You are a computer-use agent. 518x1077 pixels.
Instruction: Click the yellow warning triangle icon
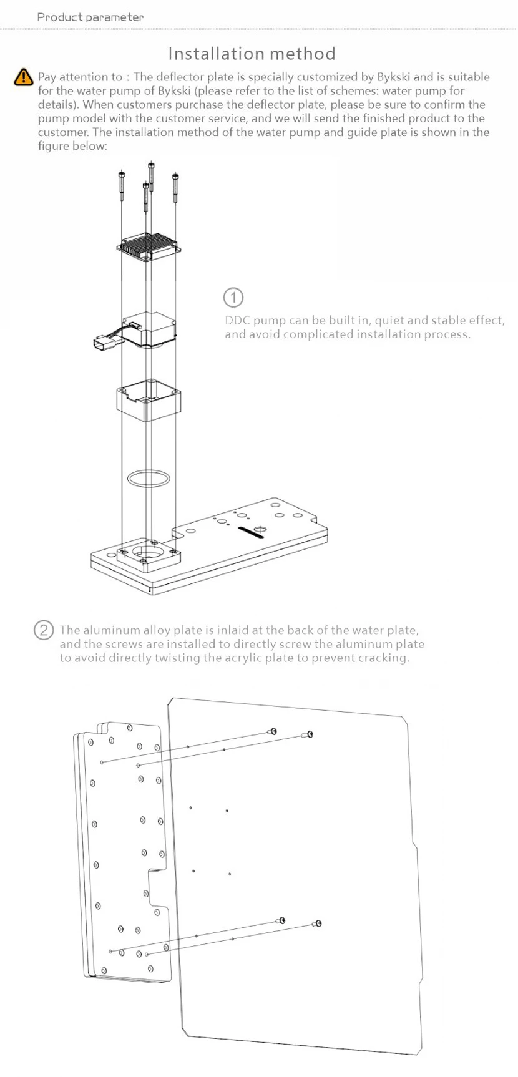pos(23,77)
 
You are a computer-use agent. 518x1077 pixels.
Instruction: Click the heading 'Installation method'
pos(252,54)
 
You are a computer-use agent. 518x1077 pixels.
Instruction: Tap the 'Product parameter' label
pos(90,17)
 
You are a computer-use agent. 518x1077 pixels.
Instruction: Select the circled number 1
pos(233,297)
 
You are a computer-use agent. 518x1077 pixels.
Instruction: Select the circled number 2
pos(43,630)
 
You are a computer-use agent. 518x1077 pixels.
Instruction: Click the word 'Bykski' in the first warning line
pos(393,77)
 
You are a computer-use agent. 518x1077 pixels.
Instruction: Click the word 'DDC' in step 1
pos(237,321)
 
